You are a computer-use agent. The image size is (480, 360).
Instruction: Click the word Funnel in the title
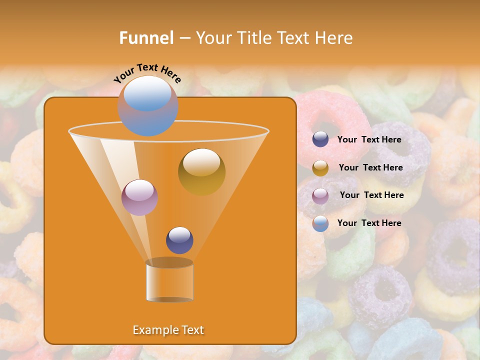(x=146, y=38)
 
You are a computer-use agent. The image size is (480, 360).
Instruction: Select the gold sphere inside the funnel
(x=201, y=172)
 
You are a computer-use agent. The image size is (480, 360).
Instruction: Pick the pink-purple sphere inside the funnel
(x=139, y=197)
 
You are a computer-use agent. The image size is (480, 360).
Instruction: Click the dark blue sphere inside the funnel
(x=179, y=240)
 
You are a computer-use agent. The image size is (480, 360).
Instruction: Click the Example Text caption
(x=168, y=330)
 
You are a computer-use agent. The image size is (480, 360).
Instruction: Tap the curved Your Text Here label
(x=147, y=73)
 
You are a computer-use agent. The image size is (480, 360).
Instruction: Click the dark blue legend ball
(x=320, y=139)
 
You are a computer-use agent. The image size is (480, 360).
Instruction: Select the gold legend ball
(x=320, y=167)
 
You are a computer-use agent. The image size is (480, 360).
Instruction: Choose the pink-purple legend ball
(x=320, y=195)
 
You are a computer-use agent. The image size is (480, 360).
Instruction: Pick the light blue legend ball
(x=320, y=223)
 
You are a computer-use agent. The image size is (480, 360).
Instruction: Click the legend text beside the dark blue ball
(x=369, y=139)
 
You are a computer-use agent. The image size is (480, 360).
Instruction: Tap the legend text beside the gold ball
(x=370, y=167)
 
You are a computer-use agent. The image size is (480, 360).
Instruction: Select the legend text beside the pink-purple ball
(x=371, y=195)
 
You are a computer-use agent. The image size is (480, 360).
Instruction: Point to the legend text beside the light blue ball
(x=369, y=223)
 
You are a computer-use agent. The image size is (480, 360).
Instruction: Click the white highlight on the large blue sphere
(x=147, y=94)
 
